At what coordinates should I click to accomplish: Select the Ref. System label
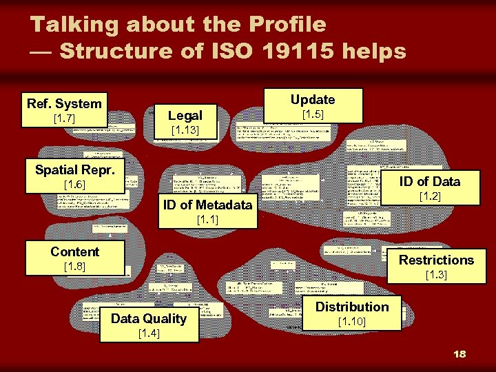coord(64,103)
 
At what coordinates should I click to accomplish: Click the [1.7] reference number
coord(64,120)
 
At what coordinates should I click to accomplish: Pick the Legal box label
coord(185,115)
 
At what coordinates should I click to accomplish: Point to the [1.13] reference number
coord(185,131)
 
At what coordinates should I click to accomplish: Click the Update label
coord(313,99)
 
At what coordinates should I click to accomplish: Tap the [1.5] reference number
coord(313,114)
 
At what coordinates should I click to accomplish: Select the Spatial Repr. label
coord(74,169)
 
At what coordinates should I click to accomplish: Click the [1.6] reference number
coord(74,185)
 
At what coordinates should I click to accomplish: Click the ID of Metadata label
coord(207,205)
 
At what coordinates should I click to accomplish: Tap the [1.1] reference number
coord(207,220)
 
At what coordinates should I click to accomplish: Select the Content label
coord(74,251)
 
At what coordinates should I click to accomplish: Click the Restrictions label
coord(437,260)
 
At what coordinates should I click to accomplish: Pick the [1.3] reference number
coord(437,275)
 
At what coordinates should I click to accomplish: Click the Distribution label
coord(352,307)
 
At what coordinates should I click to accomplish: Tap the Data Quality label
coord(149,318)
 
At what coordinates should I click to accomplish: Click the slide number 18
coord(459,353)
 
